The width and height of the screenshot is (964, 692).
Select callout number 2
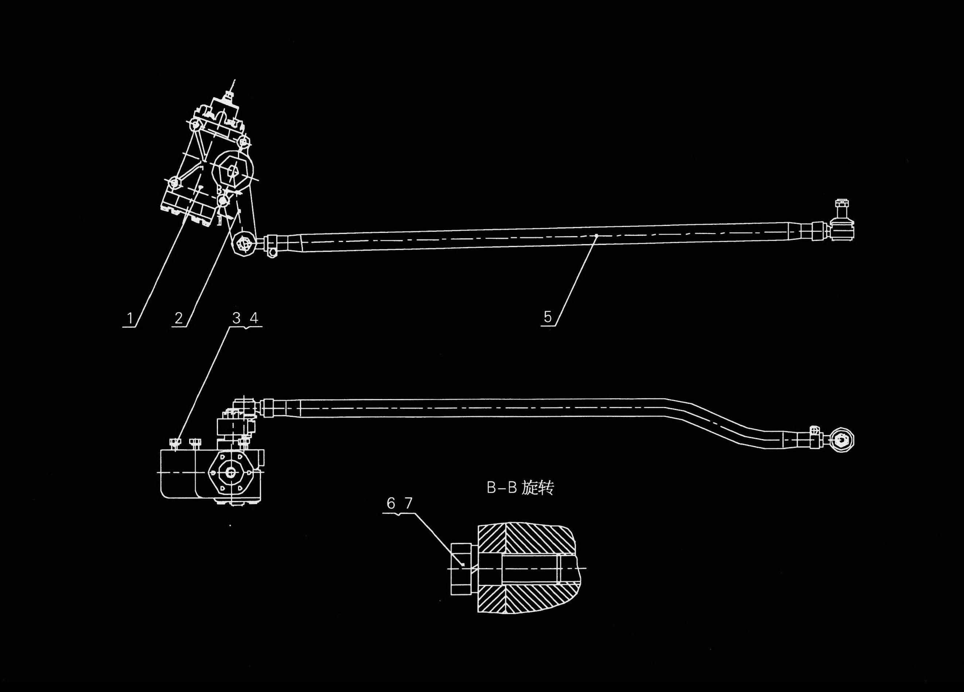(x=179, y=318)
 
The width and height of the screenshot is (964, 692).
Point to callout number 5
(x=547, y=317)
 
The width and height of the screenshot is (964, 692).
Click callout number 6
(x=391, y=504)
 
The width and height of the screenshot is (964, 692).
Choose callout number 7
(x=409, y=504)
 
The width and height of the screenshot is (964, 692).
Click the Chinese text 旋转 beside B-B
(x=538, y=488)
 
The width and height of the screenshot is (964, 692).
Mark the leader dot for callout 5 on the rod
(x=596, y=235)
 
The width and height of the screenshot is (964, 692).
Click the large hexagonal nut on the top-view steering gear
(x=233, y=171)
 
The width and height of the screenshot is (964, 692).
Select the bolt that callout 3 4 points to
(x=175, y=444)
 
